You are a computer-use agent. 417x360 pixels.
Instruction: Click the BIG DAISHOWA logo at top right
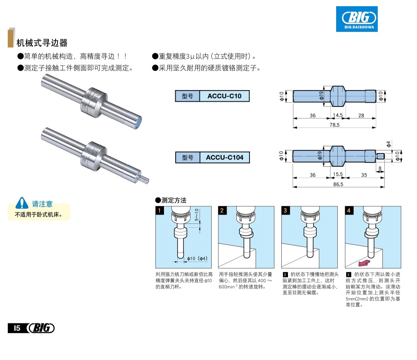tap(357, 19)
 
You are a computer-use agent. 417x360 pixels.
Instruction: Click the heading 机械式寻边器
tap(42, 42)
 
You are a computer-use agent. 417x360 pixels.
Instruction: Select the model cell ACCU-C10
tap(224, 96)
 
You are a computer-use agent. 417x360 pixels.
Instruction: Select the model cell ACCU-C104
tap(224, 157)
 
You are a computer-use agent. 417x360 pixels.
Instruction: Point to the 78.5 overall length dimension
tap(334, 125)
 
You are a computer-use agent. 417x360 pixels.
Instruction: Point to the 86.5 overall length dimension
tap(338, 184)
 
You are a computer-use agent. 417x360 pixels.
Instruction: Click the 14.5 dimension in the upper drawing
tap(338, 115)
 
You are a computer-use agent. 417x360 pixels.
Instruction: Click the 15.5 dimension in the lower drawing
tap(338, 175)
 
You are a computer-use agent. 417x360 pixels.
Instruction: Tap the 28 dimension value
tap(361, 115)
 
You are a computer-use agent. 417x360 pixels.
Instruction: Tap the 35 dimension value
tap(364, 175)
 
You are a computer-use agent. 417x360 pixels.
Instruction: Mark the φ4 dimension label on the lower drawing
tap(389, 144)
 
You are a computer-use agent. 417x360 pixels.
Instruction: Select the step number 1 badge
tap(159, 210)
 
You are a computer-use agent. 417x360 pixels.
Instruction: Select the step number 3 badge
tap(285, 210)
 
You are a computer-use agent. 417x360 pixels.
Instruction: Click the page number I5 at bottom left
tap(17, 328)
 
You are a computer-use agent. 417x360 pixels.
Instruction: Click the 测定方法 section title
tap(173, 201)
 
